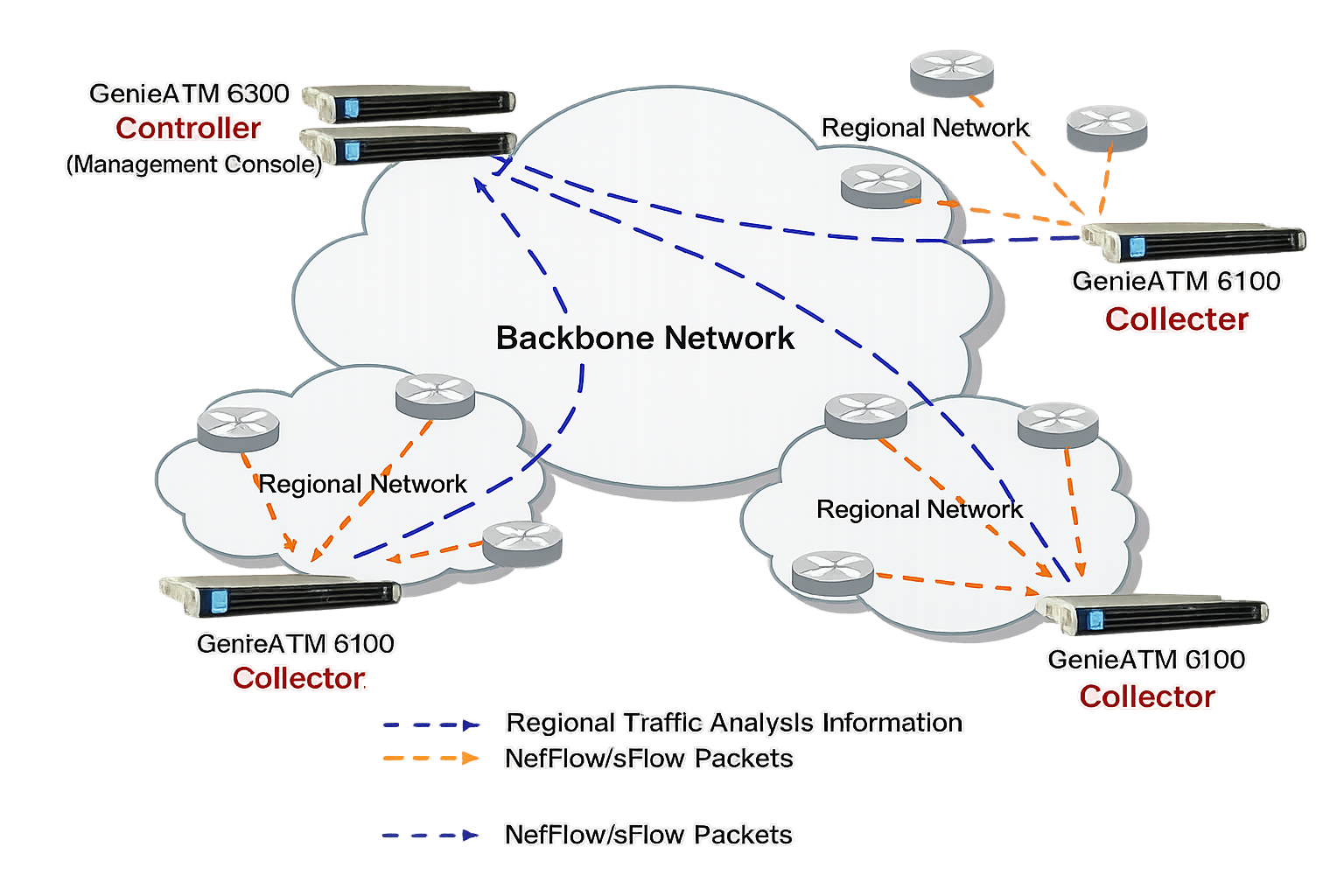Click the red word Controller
click(x=188, y=129)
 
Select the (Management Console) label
click(x=194, y=164)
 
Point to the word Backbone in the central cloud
click(x=574, y=339)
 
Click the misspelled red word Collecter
click(x=1176, y=319)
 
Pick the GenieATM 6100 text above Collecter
click(x=1176, y=281)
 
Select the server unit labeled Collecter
click(x=1194, y=243)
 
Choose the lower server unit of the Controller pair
click(x=409, y=145)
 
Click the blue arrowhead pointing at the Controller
click(x=478, y=185)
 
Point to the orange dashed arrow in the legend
click(x=430, y=758)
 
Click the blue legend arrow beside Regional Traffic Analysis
click(x=430, y=724)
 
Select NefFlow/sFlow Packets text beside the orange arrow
click(x=648, y=758)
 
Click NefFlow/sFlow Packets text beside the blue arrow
click(x=648, y=835)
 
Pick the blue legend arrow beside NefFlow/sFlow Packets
click(x=430, y=835)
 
